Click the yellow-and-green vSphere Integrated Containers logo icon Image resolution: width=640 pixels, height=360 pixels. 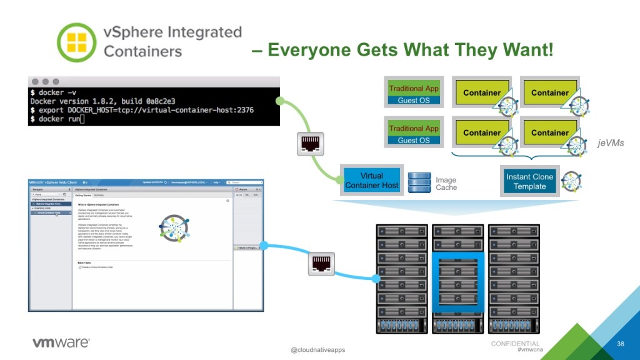pyautogui.click(x=76, y=42)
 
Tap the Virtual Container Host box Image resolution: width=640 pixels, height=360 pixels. pyautogui.click(x=371, y=180)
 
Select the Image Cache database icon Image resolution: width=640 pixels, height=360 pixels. pyautogui.click(x=419, y=182)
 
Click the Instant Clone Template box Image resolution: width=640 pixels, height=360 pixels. pyautogui.click(x=529, y=181)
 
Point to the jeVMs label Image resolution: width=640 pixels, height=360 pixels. pyautogui.click(x=610, y=143)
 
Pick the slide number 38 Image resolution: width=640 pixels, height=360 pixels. pyautogui.click(x=621, y=344)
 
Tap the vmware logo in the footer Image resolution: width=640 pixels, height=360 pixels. pyautogui.click(x=61, y=342)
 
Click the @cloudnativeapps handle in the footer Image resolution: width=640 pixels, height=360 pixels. pyautogui.click(x=317, y=350)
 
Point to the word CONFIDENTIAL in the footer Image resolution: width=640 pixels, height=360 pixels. pyautogui.click(x=515, y=344)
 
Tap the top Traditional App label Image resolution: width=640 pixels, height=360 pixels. pyautogui.click(x=414, y=89)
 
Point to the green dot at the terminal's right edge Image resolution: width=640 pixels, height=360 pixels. pyautogui.click(x=280, y=101)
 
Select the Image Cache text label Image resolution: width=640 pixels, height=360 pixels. pyautogui.click(x=446, y=184)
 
